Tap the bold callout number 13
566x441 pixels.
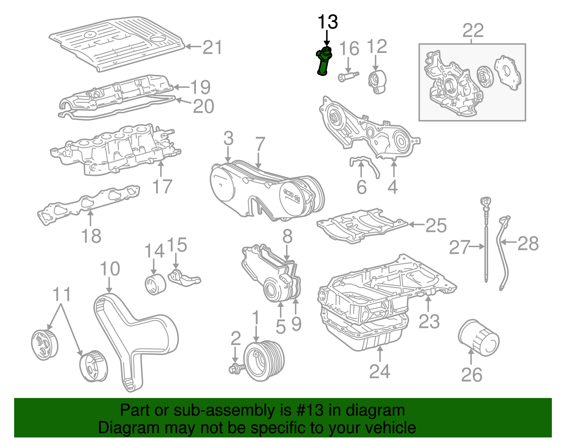click(328, 22)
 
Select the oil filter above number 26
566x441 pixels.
click(479, 338)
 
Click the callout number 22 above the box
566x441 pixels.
click(473, 31)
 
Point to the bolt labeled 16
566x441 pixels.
click(348, 76)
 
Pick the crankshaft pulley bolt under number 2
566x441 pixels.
click(237, 369)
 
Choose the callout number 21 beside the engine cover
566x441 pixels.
click(212, 47)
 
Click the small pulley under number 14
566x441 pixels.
click(155, 284)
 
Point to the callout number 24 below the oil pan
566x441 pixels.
click(380, 371)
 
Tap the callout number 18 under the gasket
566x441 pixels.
click(91, 236)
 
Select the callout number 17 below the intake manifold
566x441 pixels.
click(162, 186)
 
